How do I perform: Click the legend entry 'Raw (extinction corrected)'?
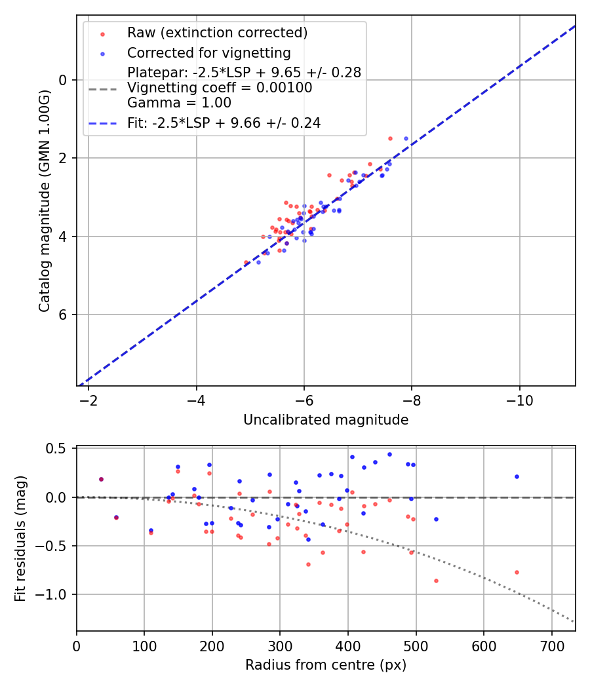(217, 32)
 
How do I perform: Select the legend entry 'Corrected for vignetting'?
(208, 52)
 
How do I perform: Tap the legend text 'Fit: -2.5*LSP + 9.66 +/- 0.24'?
(224, 123)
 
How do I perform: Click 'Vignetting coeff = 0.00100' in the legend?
(220, 88)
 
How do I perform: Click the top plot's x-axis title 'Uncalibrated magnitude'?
(326, 420)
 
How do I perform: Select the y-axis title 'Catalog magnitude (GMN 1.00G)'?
(44, 200)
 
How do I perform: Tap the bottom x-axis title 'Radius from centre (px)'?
(326, 665)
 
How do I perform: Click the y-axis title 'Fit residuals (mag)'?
(20, 539)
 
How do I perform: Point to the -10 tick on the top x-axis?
(519, 399)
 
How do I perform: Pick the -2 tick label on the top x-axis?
(88, 399)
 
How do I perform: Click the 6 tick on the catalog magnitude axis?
(63, 315)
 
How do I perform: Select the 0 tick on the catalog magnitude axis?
(63, 80)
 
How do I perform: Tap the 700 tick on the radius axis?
(551, 644)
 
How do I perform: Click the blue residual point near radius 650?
(517, 476)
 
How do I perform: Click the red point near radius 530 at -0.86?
(436, 581)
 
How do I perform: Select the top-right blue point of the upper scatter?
(406, 138)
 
